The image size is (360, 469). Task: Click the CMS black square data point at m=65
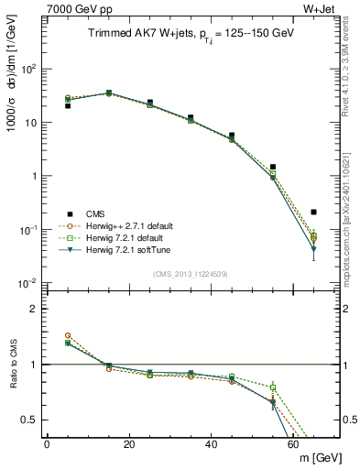click(314, 212)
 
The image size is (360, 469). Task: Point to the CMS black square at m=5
click(68, 105)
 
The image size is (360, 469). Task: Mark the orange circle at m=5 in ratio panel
click(68, 336)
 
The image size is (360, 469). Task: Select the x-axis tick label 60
click(293, 444)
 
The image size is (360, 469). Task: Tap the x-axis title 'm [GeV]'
click(316, 458)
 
